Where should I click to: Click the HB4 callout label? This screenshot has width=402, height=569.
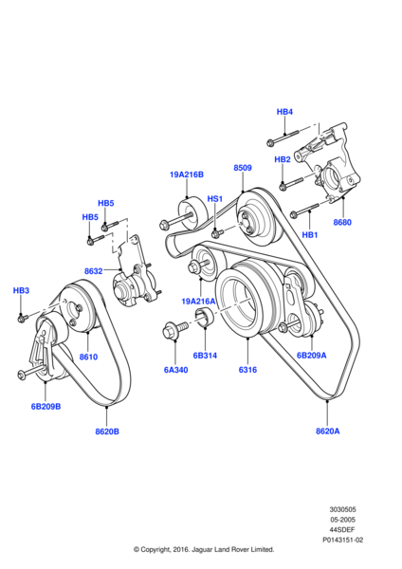(284, 112)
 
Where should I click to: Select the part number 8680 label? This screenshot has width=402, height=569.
(342, 222)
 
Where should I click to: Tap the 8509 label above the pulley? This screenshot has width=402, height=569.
(243, 168)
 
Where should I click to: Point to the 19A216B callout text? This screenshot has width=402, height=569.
(187, 174)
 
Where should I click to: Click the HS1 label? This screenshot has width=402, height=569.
(215, 199)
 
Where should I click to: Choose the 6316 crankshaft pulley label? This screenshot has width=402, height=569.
(247, 370)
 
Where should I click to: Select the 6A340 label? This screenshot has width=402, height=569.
(175, 370)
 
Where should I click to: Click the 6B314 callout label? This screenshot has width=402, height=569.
(205, 356)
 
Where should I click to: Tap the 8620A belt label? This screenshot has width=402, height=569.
(328, 431)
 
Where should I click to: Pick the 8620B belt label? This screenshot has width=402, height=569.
(107, 431)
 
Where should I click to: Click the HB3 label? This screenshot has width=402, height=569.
(21, 291)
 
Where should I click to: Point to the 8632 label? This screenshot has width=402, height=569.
(93, 271)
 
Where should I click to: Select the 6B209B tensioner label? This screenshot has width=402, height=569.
(46, 407)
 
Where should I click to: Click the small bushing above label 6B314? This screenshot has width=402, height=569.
(205, 316)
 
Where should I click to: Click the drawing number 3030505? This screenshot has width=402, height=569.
(342, 509)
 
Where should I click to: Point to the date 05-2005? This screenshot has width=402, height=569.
(342, 520)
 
